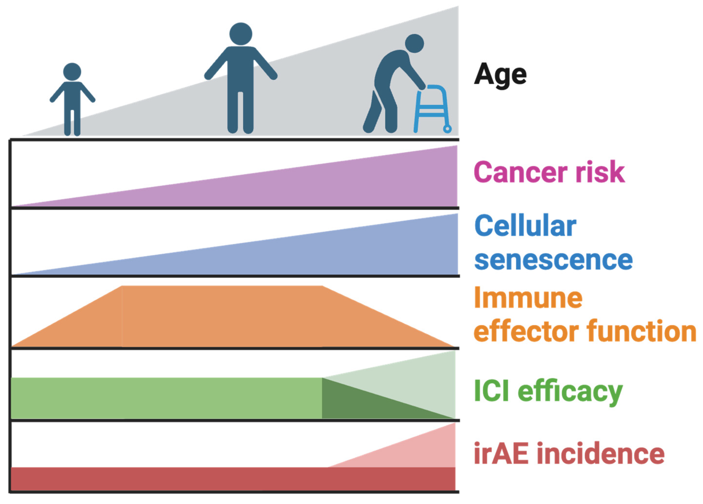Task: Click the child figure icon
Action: coord(72,99)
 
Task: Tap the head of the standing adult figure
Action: coord(241,34)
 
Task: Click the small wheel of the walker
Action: coord(447,129)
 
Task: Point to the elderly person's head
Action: coord(414,43)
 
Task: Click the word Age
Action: coord(500,75)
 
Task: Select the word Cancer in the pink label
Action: coord(520,172)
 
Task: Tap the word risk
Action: coord(600,171)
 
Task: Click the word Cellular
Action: coord(525,225)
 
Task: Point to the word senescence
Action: coord(554,260)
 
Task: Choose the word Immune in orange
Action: coord(528,298)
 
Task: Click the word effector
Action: coord(526,331)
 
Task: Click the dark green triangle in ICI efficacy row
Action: coord(366,402)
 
